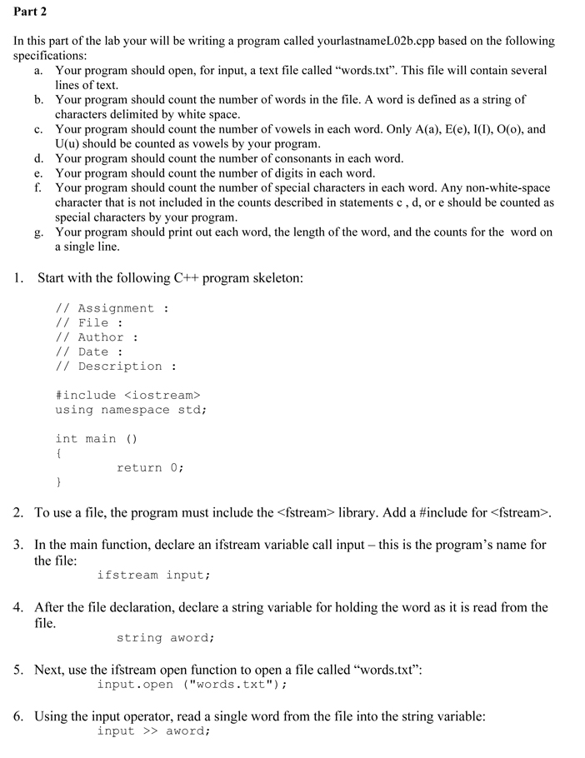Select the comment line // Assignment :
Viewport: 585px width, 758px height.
(x=112, y=308)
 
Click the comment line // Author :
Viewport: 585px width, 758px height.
(x=97, y=337)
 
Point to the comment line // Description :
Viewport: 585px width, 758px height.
(x=116, y=367)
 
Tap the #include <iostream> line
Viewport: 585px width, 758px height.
(x=128, y=395)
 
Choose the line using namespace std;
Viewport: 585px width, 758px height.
(x=131, y=410)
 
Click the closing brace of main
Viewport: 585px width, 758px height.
(x=58, y=482)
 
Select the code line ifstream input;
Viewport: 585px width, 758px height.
(x=153, y=575)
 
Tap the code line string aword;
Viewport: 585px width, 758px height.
(x=166, y=638)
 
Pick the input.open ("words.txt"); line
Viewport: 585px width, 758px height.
(x=192, y=685)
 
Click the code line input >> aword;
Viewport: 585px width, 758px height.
(x=153, y=731)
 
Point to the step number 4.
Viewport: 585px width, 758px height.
(x=17, y=607)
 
